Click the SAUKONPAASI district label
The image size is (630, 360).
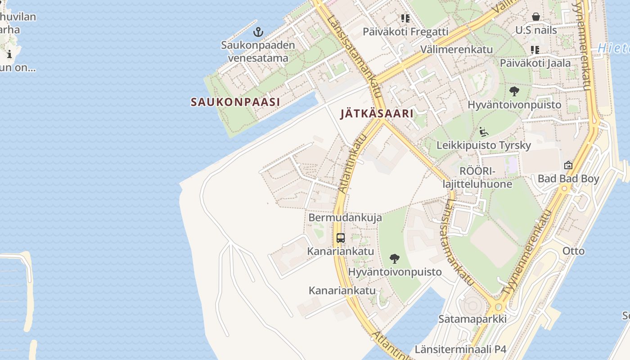(235, 102)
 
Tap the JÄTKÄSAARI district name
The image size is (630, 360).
(377, 113)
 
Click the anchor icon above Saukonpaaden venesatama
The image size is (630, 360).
(258, 32)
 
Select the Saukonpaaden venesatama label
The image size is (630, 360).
(258, 51)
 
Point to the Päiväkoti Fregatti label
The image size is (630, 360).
(405, 31)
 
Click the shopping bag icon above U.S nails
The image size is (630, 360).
(536, 17)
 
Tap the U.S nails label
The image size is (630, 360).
(536, 30)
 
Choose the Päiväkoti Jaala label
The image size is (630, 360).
(535, 63)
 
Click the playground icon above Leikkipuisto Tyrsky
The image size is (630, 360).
(484, 132)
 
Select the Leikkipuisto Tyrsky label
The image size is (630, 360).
(484, 145)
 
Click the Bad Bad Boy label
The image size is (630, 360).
(568, 179)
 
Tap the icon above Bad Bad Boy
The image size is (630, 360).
(568, 165)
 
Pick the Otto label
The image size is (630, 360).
(574, 251)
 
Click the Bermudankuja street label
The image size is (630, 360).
(345, 217)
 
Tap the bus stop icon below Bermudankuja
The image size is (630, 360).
(341, 238)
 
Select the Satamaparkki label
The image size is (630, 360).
(472, 319)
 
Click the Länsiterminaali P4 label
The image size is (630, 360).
(460, 349)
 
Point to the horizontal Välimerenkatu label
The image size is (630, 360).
(456, 49)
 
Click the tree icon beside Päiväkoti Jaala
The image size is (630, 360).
(514, 92)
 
